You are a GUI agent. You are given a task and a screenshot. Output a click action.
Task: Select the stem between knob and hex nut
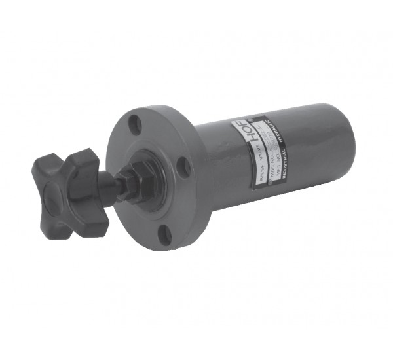coord(115,185)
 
